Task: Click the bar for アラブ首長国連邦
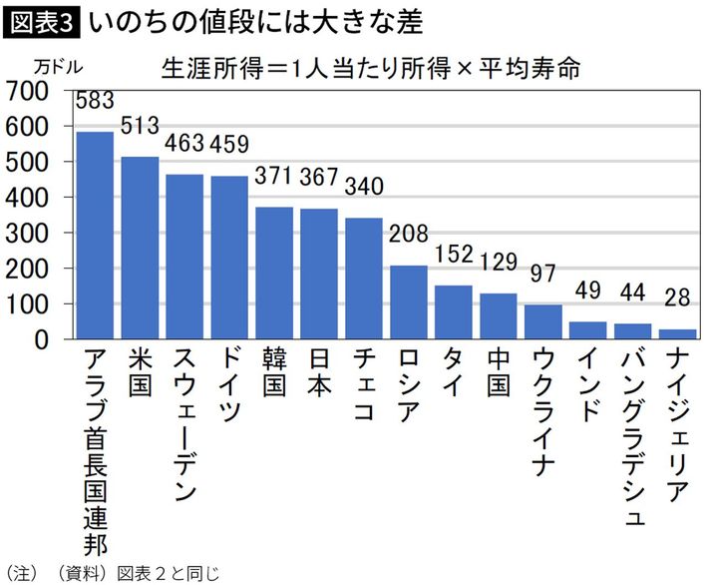point(95,236)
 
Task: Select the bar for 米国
point(140,248)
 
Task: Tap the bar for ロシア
point(409,301)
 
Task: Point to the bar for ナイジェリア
point(677,333)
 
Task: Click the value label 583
point(95,100)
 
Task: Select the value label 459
point(230,146)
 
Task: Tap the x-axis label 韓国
point(274,373)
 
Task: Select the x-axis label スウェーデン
point(184,423)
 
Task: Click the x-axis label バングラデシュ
point(633,437)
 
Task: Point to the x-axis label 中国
point(499,373)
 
